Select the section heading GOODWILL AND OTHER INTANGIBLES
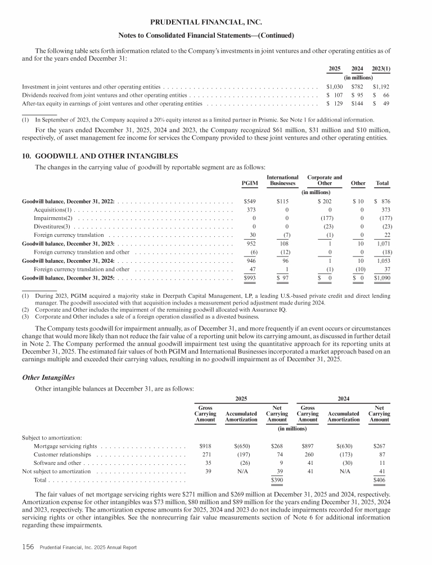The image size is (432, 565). click(100, 155)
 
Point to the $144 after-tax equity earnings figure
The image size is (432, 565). click(357, 104)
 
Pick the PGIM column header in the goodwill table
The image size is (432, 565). click(249, 183)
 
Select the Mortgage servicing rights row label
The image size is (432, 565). click(64, 446)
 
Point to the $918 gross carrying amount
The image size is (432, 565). click(205, 446)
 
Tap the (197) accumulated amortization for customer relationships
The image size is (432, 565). click(241, 455)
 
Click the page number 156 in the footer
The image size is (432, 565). click(29, 546)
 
